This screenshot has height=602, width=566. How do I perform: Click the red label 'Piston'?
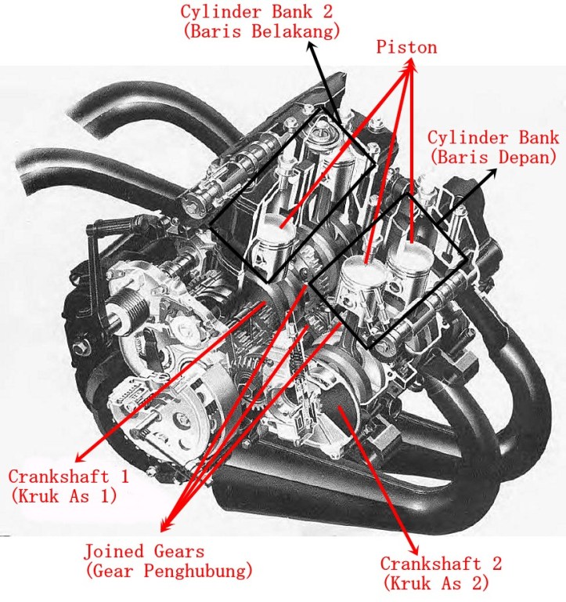pyautogui.click(x=406, y=48)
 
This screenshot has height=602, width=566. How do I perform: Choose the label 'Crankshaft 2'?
pyautogui.click(x=441, y=564)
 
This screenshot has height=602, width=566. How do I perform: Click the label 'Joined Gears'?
pyautogui.click(x=144, y=551)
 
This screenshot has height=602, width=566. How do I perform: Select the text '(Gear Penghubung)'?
pyautogui.click(x=168, y=570)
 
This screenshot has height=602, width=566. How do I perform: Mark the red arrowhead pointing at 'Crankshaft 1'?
pyautogui.click(x=79, y=459)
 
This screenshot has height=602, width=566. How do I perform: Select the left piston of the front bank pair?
pyautogui.click(x=363, y=274)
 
